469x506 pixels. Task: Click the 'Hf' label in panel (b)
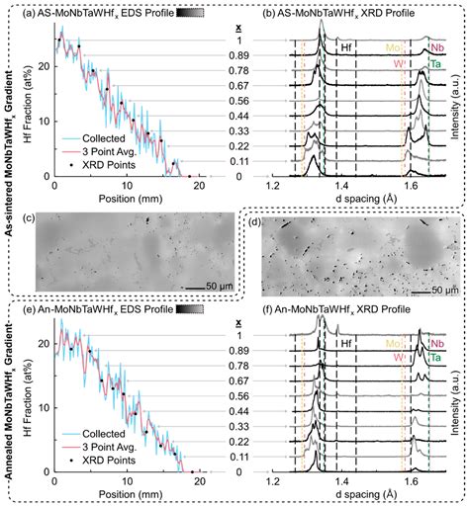345,46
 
